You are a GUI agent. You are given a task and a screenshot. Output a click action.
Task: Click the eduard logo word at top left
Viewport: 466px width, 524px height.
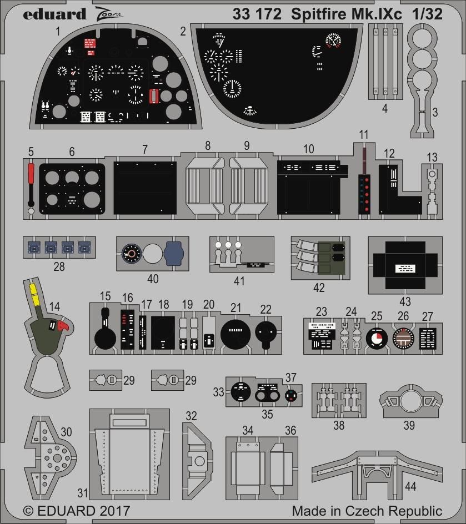pos(54,13)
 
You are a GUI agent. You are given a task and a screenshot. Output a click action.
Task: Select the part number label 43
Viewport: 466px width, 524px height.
pos(405,301)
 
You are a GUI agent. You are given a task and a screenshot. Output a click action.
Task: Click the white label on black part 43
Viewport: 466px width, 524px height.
pos(405,269)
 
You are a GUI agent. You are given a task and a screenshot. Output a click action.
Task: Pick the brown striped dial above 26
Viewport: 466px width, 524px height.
pos(403,338)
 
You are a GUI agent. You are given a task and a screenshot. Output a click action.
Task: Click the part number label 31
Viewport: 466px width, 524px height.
pos(83,492)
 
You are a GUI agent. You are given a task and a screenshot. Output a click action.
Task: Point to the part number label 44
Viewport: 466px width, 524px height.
pos(410,486)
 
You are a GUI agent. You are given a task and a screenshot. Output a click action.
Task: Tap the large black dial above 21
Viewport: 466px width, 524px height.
pos(236,332)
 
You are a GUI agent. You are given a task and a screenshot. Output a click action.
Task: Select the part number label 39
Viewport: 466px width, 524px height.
pos(409,425)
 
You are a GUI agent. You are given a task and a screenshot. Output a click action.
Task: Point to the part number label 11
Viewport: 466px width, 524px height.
pos(364,135)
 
